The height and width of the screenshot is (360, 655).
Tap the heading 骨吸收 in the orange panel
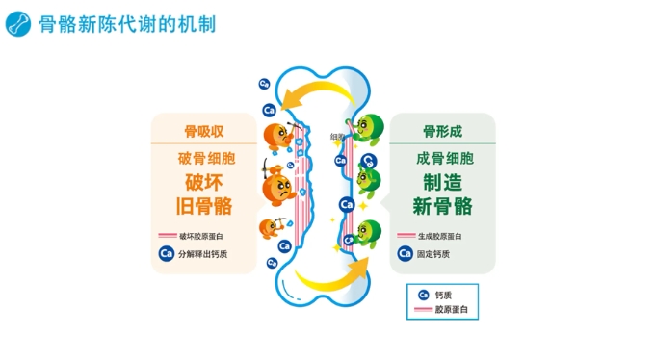[203, 131]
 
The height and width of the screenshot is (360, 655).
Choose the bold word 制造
[443, 182]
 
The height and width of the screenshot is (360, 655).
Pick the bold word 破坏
[205, 182]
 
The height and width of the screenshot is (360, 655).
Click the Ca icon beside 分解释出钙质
[167, 254]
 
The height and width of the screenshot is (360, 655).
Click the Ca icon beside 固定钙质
[406, 254]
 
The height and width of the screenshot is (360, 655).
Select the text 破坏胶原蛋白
[201, 235]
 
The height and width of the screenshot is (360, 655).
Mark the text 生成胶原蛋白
[440, 235]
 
